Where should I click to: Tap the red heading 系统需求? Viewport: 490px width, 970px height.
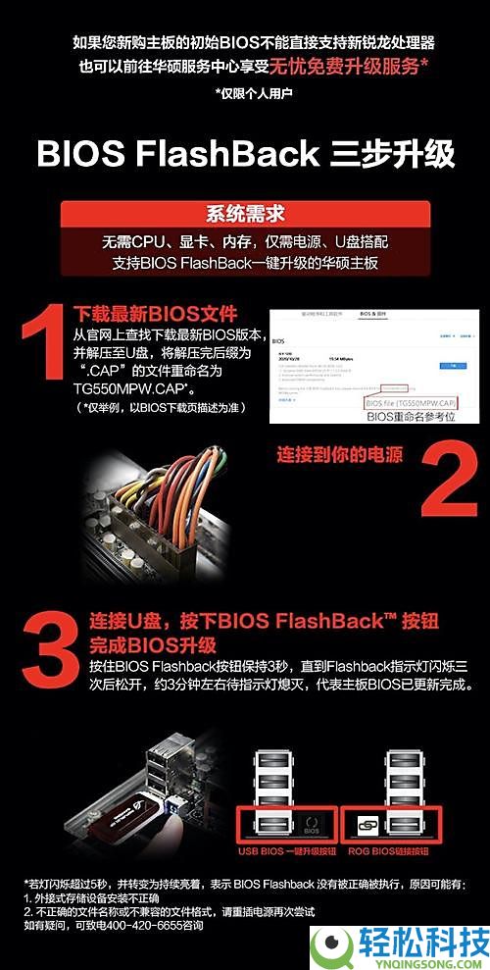245,215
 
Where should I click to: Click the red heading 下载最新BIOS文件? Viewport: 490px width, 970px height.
156,315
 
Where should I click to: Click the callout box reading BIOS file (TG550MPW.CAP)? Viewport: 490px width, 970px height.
411,402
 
